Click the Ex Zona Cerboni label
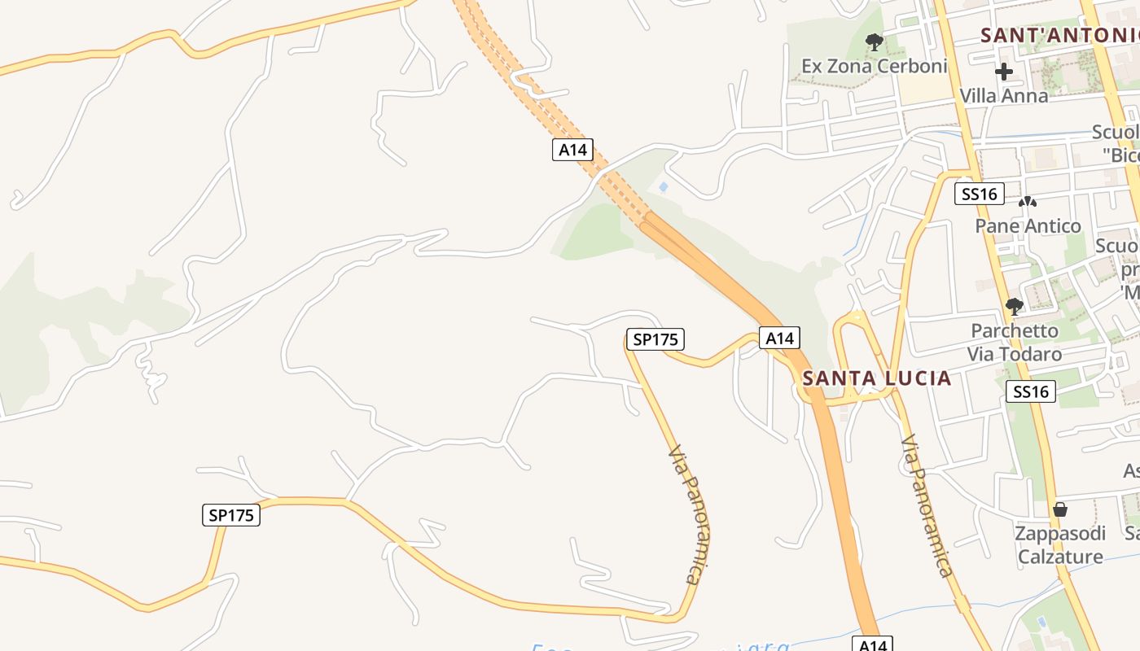click(x=875, y=66)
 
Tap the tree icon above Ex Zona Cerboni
click(x=875, y=42)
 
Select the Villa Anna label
click(x=1003, y=95)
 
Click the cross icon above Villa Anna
click(x=1003, y=72)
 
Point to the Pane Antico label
click(x=1028, y=225)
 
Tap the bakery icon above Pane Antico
click(x=1028, y=201)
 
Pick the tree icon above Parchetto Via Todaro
click(x=1014, y=307)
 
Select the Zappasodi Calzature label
click(x=1059, y=545)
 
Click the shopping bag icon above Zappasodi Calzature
click(x=1059, y=510)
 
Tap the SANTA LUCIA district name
click(x=876, y=378)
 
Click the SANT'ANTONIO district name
click(x=1059, y=35)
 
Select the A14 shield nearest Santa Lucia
click(x=779, y=338)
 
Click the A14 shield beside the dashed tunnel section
click(x=572, y=149)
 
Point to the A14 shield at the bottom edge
click(x=872, y=644)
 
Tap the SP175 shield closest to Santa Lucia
click(x=655, y=339)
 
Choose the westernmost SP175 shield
click(x=231, y=515)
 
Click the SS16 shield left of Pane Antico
click(x=979, y=194)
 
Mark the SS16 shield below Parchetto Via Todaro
click(x=1030, y=391)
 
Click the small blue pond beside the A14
click(x=663, y=187)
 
